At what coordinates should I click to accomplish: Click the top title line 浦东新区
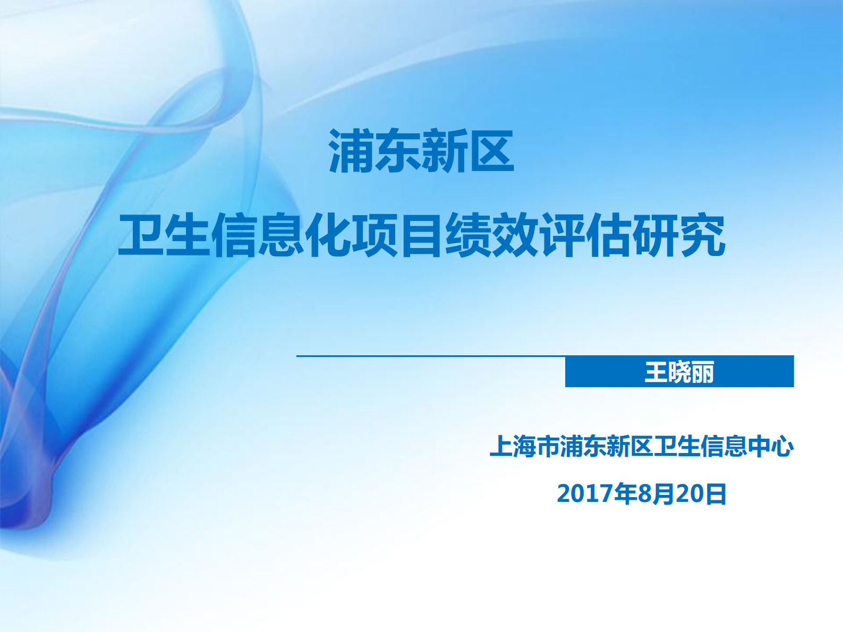tap(421, 152)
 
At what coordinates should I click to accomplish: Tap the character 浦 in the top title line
tap(352, 152)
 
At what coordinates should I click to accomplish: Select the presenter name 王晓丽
tap(679, 372)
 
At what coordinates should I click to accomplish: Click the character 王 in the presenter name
tap(656, 372)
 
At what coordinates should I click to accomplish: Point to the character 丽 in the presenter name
tap(702, 372)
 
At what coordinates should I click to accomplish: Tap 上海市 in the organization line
tap(524, 446)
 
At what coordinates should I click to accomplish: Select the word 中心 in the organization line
tap(770, 446)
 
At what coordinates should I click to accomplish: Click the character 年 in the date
tap(626, 494)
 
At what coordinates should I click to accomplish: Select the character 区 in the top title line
tap(491, 152)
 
